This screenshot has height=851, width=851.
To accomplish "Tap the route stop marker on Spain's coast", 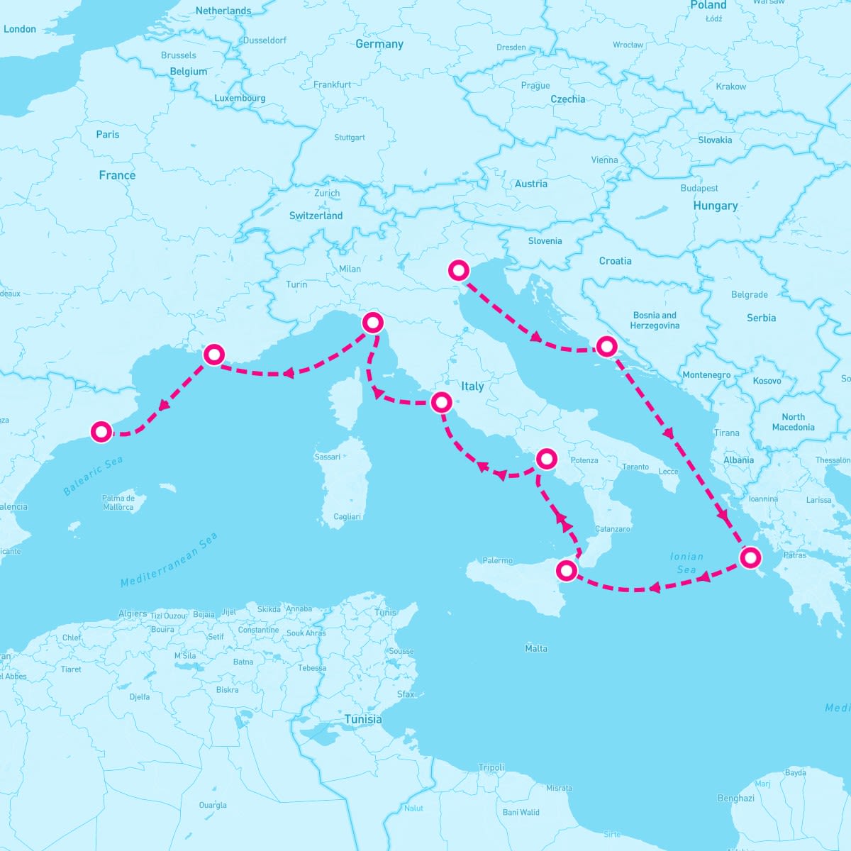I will [x=102, y=431].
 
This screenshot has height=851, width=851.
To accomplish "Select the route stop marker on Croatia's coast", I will [x=606, y=347].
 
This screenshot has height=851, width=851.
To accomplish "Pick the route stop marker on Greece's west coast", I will [x=750, y=557].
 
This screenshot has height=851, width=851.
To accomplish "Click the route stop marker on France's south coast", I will [x=213, y=355].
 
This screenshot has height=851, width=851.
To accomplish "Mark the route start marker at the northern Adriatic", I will [x=459, y=270].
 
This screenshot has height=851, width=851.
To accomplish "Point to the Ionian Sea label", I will [x=686, y=563].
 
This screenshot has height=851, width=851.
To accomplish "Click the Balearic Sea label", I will [x=93, y=476].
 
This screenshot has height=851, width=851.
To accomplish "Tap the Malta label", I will [x=536, y=648].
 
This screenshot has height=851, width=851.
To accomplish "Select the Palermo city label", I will [x=497, y=560].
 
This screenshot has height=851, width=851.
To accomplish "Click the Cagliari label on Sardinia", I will [x=347, y=516].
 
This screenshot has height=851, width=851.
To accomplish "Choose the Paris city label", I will [x=108, y=134].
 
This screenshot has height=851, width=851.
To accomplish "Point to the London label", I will [x=20, y=29].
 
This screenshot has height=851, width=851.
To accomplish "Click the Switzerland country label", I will [x=316, y=216].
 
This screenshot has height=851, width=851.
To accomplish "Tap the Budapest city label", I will [x=699, y=188].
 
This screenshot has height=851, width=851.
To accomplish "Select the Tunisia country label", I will [x=363, y=719].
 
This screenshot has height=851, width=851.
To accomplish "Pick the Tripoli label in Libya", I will [x=491, y=767].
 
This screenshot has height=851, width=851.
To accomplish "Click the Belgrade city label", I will [x=750, y=294].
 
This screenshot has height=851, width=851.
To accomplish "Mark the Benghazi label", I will [x=736, y=798].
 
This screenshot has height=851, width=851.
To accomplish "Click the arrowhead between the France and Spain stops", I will [x=163, y=405].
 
